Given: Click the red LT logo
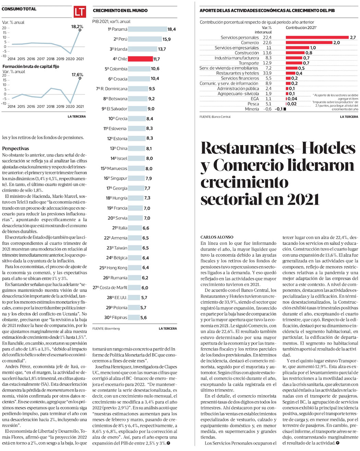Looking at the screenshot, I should [80, 12].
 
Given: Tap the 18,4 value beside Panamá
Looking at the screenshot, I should [171, 29].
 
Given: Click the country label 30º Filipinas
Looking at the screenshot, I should [116, 318].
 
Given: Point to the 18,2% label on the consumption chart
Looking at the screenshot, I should [77, 26].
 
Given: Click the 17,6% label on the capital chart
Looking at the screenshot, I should [77, 74].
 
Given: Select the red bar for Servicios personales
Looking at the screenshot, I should [317, 37].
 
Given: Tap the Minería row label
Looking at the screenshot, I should [252, 109].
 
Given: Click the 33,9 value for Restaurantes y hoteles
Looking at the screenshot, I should [267, 73].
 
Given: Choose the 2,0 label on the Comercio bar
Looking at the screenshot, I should [336, 43].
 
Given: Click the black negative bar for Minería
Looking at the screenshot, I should [285, 109].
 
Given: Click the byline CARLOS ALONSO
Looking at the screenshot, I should [217, 237].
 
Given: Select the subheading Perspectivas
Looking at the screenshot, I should [15, 149].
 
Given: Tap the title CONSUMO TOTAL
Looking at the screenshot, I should [19, 9].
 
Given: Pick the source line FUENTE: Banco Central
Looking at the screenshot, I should [215, 117].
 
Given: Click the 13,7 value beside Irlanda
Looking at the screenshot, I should [162, 49].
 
